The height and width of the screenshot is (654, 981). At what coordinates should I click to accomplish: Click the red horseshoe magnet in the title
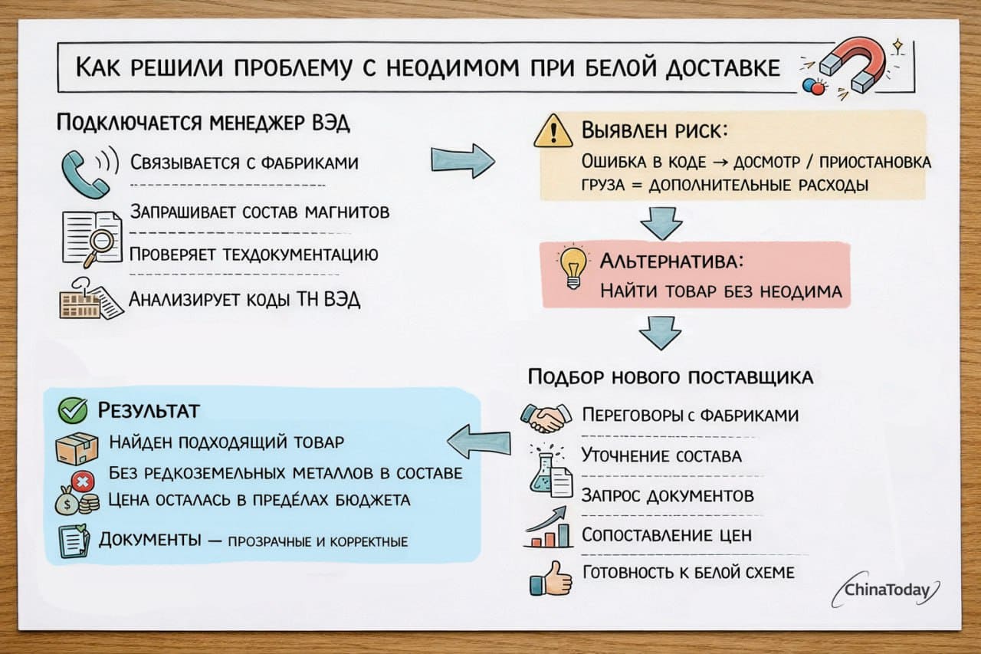coord(851,68)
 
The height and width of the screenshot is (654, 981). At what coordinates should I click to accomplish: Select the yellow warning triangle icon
coord(553,133)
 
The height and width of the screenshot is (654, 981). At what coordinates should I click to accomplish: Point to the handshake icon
coord(546,416)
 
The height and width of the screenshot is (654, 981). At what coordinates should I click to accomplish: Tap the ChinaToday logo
coord(889,590)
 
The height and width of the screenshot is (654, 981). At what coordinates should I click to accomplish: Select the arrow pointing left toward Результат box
coord(479,440)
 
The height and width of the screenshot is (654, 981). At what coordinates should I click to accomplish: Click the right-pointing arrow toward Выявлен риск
coord(462,159)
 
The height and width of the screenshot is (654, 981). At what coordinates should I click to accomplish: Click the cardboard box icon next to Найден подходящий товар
coord(77,448)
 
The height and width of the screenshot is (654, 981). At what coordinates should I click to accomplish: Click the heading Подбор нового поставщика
coord(671,378)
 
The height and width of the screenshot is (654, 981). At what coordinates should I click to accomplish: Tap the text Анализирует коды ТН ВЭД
coord(244,299)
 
